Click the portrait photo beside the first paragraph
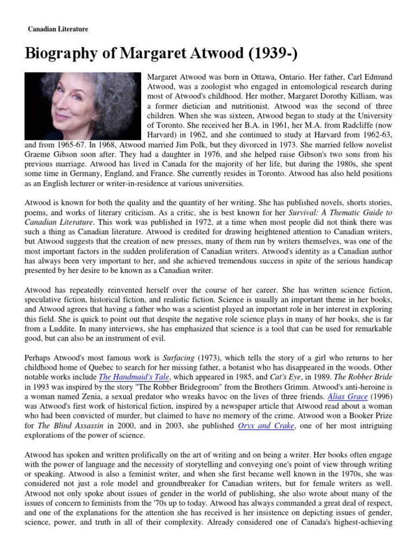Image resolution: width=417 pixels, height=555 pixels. click(x=83, y=105)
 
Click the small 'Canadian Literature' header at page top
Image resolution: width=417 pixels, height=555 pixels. click(x=58, y=29)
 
